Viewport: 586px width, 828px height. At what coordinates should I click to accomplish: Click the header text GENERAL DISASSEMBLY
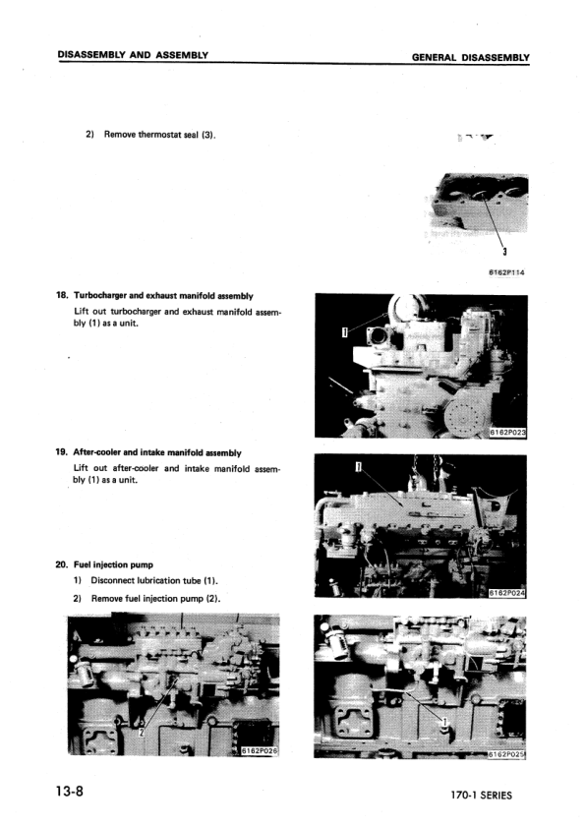click(x=470, y=57)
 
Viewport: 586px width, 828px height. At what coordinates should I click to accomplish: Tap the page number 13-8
click(x=74, y=792)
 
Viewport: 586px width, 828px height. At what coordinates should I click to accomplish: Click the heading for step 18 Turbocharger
click(x=155, y=295)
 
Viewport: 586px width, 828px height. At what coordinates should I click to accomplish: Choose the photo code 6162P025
click(x=508, y=753)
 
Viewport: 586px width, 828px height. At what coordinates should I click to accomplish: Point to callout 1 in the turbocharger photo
click(x=343, y=333)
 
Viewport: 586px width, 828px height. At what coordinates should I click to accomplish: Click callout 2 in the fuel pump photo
click(x=142, y=733)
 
